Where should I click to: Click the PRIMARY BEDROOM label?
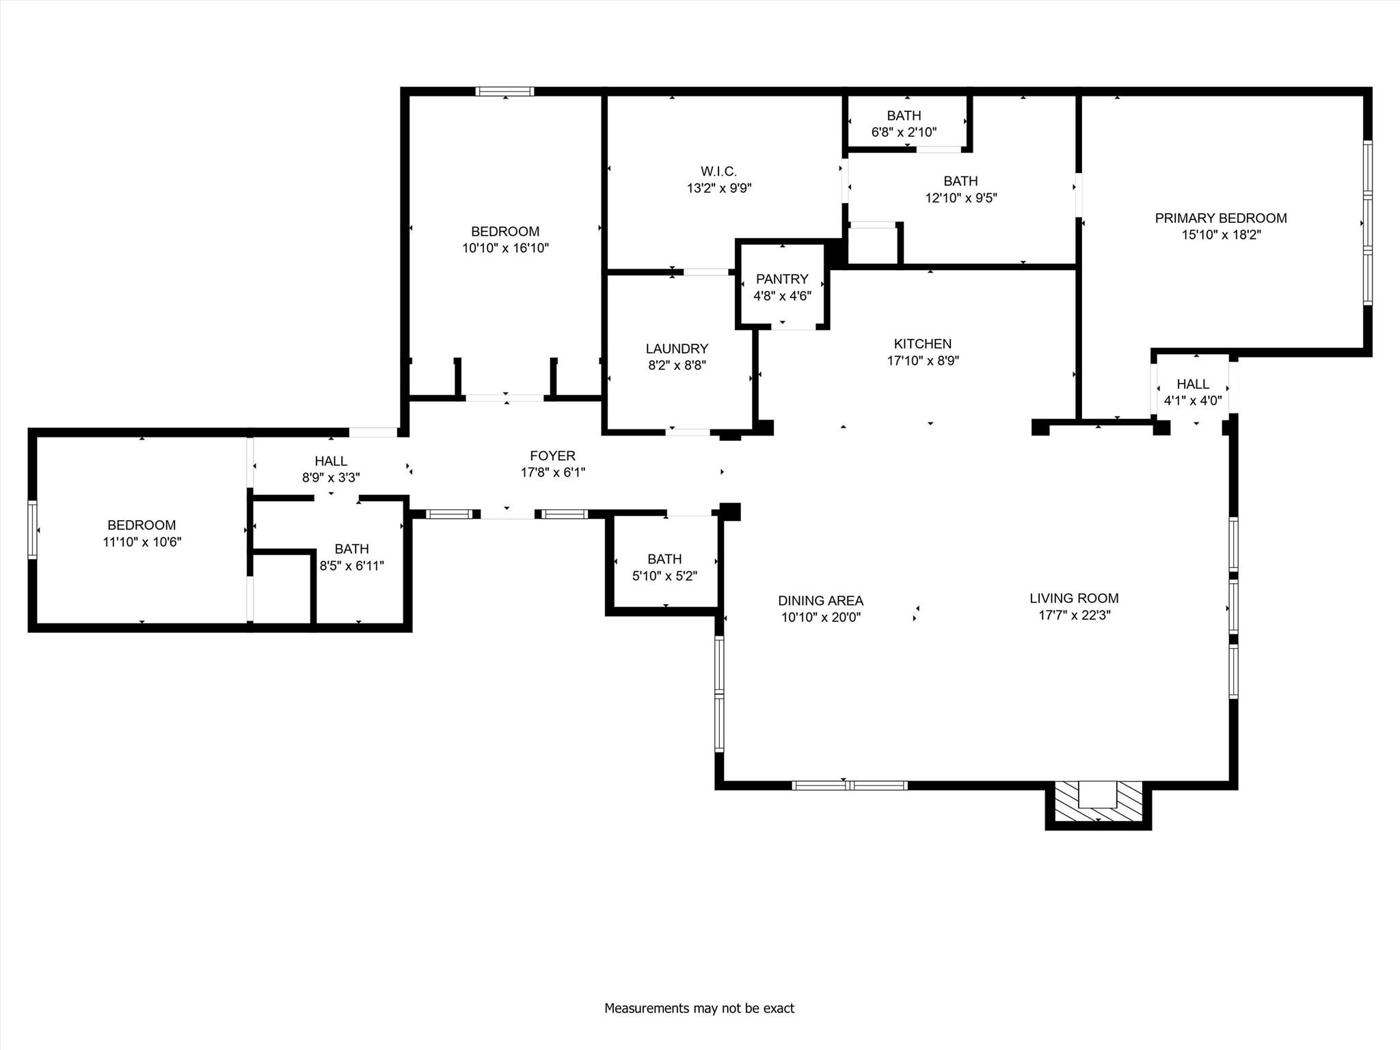pyautogui.click(x=1220, y=218)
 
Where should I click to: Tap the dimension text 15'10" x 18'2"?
pyautogui.click(x=1220, y=235)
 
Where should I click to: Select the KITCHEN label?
pyautogui.click(x=922, y=344)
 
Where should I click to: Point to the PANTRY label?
pyautogui.click(x=782, y=279)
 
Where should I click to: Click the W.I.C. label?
pyautogui.click(x=718, y=172)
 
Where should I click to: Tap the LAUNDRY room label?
pyautogui.click(x=677, y=349)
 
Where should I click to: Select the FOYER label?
pyautogui.click(x=552, y=456)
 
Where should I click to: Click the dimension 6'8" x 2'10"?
pyautogui.click(x=904, y=132)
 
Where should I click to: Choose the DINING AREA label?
pyautogui.click(x=820, y=601)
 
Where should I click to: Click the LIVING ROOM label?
pyautogui.click(x=1074, y=598)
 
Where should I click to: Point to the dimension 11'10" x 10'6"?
pyautogui.click(x=142, y=542)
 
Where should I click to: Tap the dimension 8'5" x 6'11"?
pyautogui.click(x=351, y=566)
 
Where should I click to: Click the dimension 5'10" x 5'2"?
pyautogui.click(x=664, y=576)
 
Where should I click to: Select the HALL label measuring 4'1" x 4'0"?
pyautogui.click(x=1193, y=384)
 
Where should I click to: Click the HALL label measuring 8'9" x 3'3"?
pyautogui.click(x=331, y=461)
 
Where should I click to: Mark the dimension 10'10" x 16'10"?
pyautogui.click(x=505, y=248)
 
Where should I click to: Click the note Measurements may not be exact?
pyautogui.click(x=699, y=1008)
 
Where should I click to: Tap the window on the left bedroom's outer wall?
pyautogui.click(x=32, y=530)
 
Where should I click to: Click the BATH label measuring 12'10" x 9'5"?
pyautogui.click(x=960, y=181)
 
